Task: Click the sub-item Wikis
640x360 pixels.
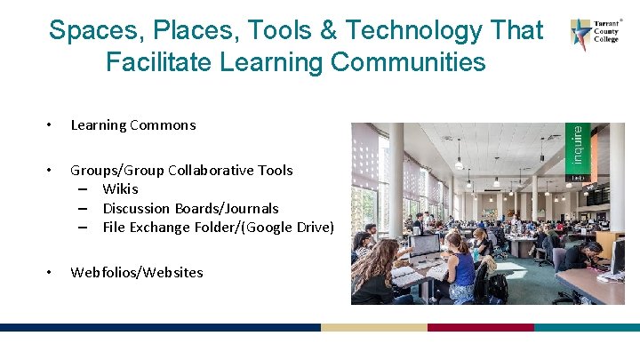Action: tap(120, 188)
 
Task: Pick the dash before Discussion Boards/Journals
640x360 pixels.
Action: tap(82, 208)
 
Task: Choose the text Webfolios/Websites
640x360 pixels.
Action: tap(137, 272)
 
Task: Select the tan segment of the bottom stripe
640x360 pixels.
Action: tap(373, 327)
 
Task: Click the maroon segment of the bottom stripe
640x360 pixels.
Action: tap(480, 327)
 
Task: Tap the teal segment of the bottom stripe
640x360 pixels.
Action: tap(587, 327)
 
